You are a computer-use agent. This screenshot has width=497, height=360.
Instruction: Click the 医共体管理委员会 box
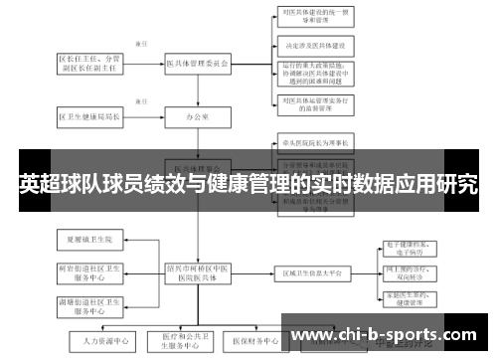pyautogui.click(x=197, y=64)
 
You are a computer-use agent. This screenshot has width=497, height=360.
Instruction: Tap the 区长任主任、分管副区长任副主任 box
pyautogui.click(x=90, y=64)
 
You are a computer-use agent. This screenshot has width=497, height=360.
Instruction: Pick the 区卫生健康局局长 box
pyautogui.click(x=90, y=116)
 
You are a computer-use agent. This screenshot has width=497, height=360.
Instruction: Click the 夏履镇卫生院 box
pyautogui.click(x=90, y=240)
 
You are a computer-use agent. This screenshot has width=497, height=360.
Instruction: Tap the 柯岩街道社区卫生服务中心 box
pyautogui.click(x=90, y=272)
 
